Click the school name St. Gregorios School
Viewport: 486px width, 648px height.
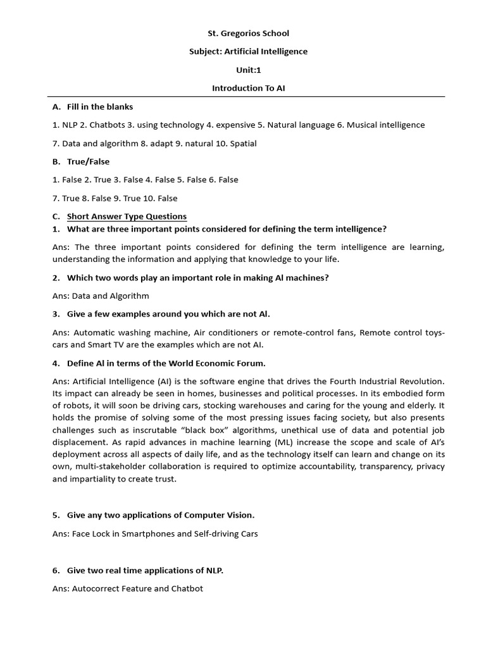pos(248,33)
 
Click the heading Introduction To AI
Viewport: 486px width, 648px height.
pos(248,88)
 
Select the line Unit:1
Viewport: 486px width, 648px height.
pos(248,70)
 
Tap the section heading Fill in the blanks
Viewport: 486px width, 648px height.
pos(100,107)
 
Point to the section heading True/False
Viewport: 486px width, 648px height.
pos(88,161)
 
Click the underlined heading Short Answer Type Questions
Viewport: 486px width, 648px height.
pos(127,216)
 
